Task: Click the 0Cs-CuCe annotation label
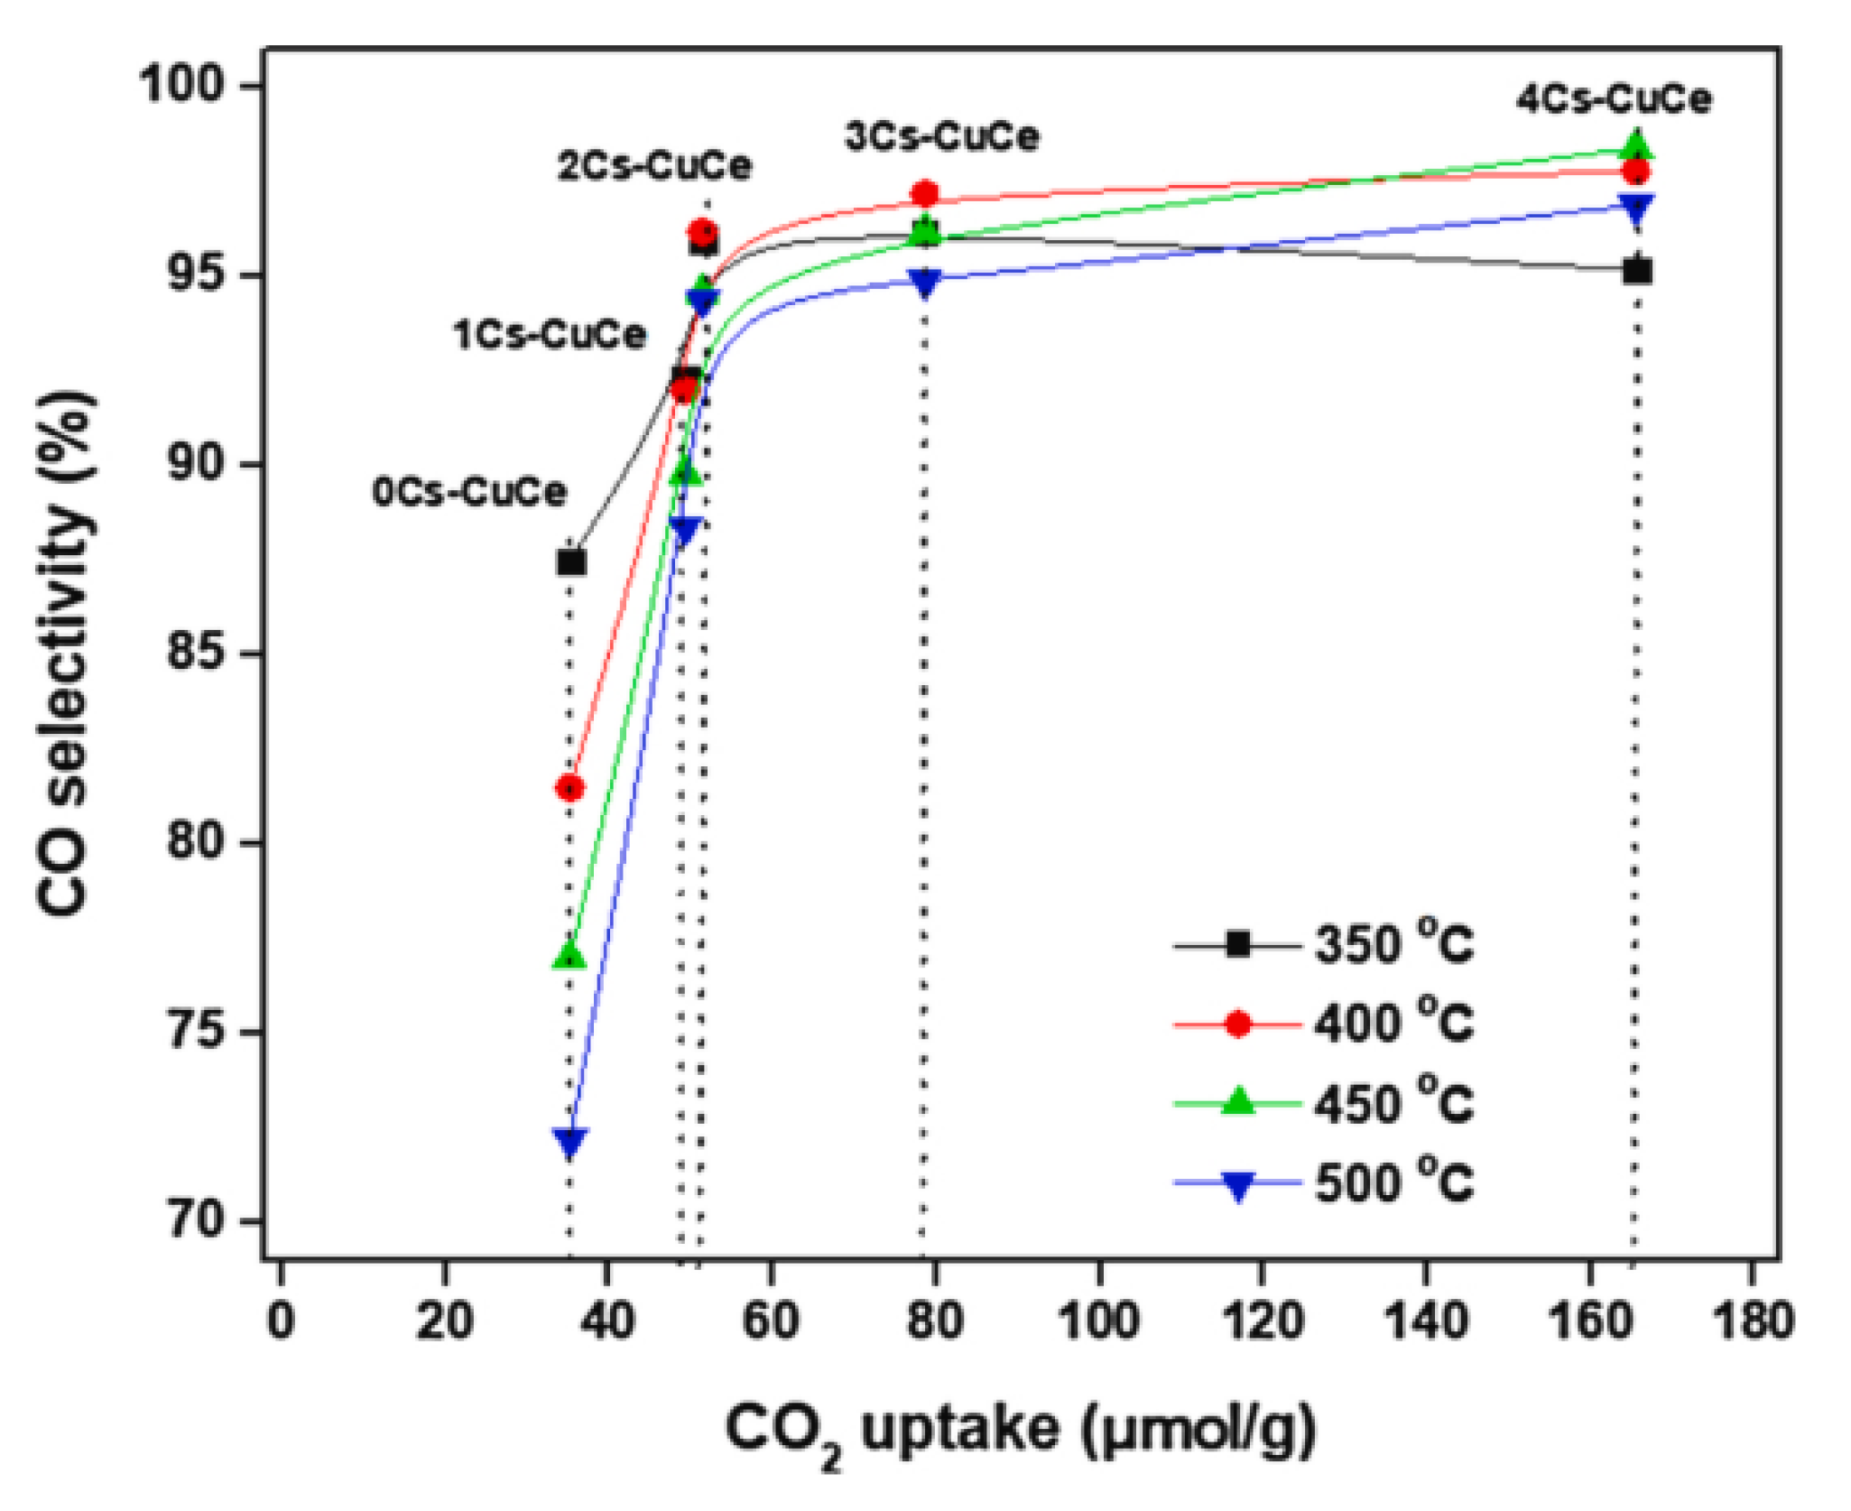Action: coord(469,492)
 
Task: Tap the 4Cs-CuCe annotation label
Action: coord(1613,98)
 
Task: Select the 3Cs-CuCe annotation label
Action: coord(941,136)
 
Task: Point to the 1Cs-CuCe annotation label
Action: coord(550,335)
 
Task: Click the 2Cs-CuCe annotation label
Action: coord(654,166)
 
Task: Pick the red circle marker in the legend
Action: coord(1238,1024)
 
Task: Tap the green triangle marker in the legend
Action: coord(1238,1102)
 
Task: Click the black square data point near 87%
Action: coord(571,562)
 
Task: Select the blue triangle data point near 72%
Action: coord(569,1142)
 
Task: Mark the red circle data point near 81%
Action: coord(569,788)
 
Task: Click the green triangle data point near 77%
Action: coord(569,957)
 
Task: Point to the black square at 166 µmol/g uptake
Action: coord(1637,270)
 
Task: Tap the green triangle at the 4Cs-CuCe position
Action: coord(1637,145)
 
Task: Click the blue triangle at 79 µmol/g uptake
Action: coord(925,282)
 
